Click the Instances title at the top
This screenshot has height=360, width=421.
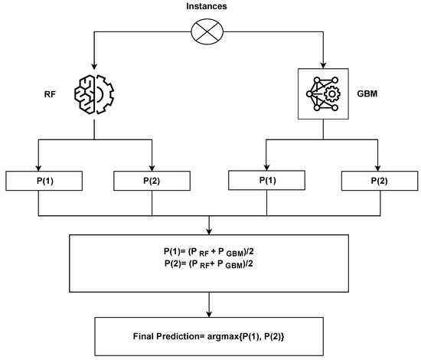tap(210, 7)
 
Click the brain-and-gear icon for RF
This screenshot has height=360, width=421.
tap(93, 95)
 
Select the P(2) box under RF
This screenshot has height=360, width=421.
tap(152, 182)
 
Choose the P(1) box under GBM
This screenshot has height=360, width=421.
tap(266, 182)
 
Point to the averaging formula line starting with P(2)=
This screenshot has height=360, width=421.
tap(209, 264)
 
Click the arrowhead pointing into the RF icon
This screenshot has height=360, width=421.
tap(93, 67)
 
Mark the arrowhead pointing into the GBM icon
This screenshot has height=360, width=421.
tap(326, 64)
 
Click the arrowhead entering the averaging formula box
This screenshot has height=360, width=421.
tap(209, 229)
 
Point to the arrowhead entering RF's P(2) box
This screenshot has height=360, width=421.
tap(152, 168)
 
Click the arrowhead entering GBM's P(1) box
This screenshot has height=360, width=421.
tap(266, 168)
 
